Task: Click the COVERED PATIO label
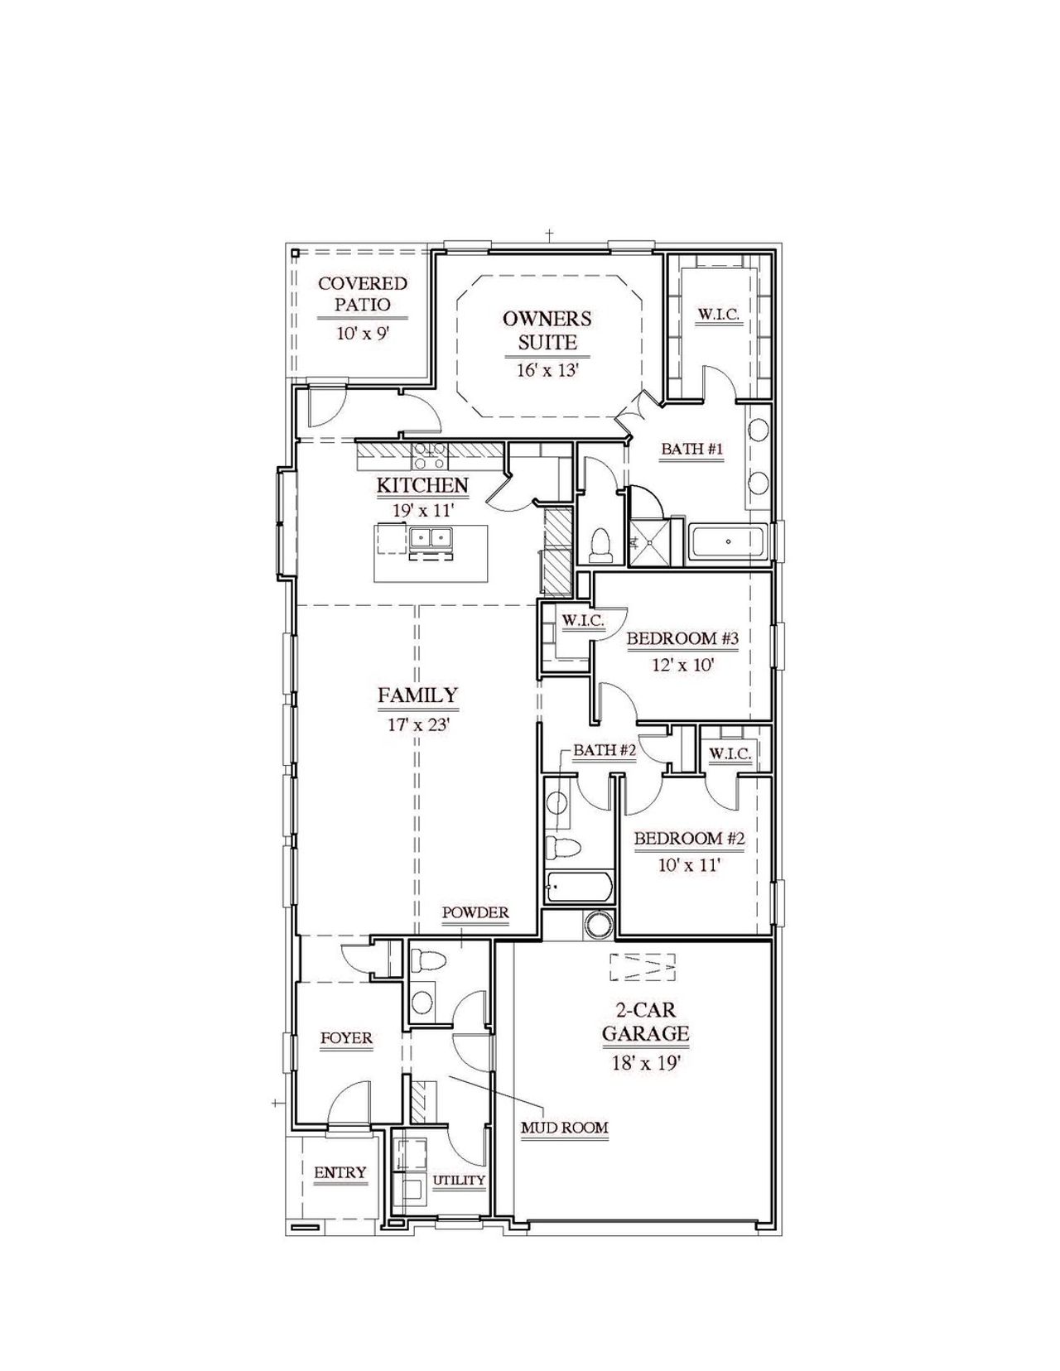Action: point(363,294)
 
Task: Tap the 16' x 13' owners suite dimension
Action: point(547,370)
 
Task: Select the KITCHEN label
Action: point(422,485)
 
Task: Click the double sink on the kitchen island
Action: point(431,538)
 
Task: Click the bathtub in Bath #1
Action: point(728,542)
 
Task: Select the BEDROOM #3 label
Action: point(682,638)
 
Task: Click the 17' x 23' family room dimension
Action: point(418,724)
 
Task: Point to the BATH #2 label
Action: point(605,750)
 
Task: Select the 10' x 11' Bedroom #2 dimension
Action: point(690,865)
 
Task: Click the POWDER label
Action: point(475,912)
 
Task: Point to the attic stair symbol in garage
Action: point(643,967)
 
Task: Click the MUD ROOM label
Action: point(564,1128)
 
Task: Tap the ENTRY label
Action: point(340,1172)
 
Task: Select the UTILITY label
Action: point(459,1180)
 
